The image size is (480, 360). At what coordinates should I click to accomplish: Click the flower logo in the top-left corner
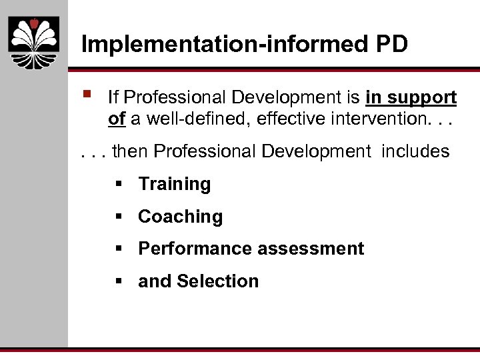pos(34,42)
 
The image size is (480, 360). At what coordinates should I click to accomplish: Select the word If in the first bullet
pos(113,98)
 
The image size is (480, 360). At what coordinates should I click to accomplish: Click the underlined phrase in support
pos(411,98)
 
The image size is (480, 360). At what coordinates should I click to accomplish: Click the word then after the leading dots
pos(131,152)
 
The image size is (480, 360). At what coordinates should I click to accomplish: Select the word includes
pos(415,152)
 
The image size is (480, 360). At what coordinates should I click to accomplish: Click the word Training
pos(175,185)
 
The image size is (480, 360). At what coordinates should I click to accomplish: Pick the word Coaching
pos(180,217)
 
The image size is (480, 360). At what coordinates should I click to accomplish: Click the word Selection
pos(218,281)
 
